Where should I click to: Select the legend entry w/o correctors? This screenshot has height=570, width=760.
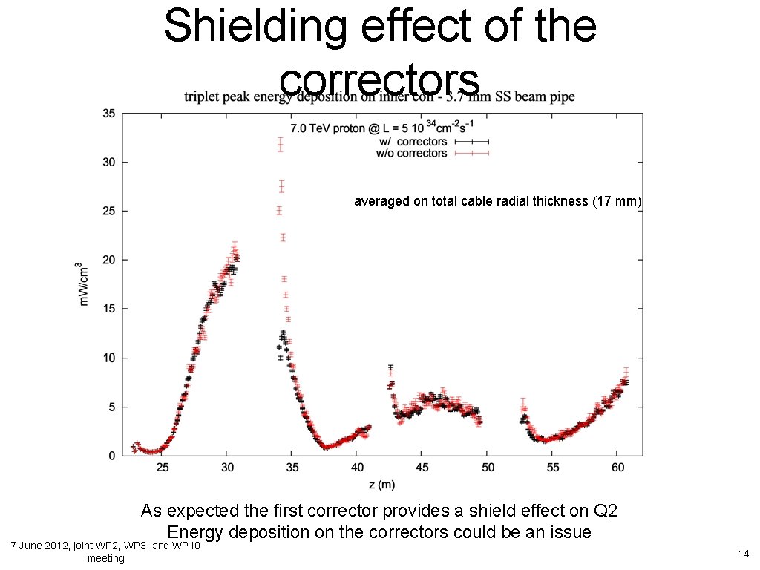tap(412, 154)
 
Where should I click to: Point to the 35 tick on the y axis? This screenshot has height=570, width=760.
tap(108, 114)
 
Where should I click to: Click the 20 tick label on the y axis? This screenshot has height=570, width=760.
tap(108, 260)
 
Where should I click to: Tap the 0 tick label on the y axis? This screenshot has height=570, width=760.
tap(111, 456)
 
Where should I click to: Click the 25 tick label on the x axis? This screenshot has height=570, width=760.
tap(163, 468)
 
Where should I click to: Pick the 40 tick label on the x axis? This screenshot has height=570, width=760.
tap(357, 468)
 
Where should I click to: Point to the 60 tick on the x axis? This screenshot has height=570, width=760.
tap(617, 468)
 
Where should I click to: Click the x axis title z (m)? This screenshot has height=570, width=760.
tap(381, 485)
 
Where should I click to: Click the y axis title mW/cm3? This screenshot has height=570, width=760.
tap(85, 284)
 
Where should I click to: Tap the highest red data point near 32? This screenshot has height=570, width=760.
tap(281, 142)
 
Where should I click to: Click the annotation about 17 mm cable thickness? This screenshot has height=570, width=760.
tap(497, 201)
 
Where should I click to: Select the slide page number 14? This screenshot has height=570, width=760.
tap(742, 554)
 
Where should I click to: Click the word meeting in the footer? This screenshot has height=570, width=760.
tap(106, 558)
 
